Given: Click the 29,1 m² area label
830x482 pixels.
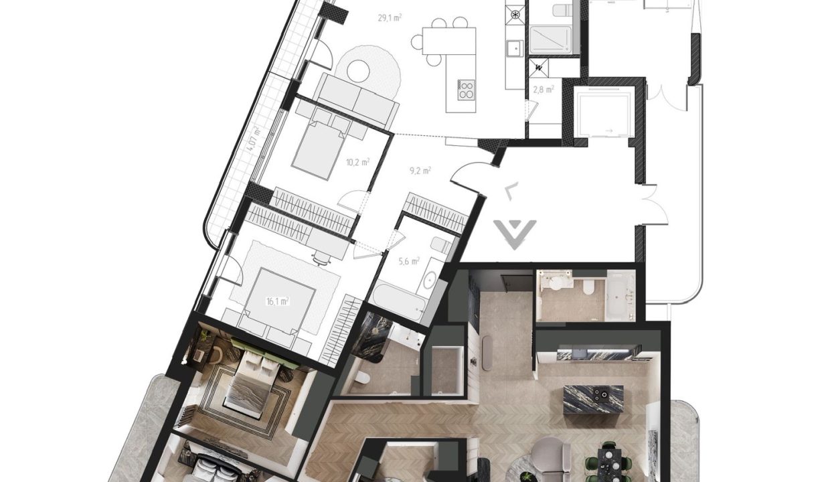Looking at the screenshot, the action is click(x=390, y=18).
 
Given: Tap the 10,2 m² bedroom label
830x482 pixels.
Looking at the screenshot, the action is click(x=357, y=162).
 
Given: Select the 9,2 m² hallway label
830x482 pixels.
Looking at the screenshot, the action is click(x=420, y=171).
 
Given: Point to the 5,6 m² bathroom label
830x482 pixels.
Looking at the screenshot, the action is click(x=409, y=261).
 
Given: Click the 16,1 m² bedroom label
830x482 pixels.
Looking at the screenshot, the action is click(x=278, y=301).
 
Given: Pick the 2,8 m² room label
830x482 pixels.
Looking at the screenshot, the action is click(x=544, y=89).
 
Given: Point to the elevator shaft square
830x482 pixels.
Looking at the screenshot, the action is click(x=603, y=112).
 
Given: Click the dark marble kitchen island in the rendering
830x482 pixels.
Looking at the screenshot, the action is click(x=593, y=400).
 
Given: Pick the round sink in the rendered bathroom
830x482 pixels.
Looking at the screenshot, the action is click(x=556, y=284).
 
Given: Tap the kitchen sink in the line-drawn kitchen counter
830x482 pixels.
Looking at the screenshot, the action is click(x=515, y=48).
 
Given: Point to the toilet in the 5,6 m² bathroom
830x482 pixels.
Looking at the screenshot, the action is click(x=441, y=244).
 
